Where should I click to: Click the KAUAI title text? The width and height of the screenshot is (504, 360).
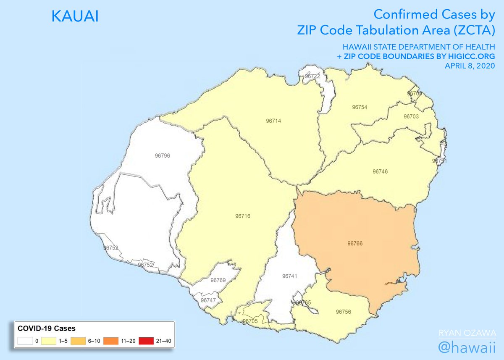75,17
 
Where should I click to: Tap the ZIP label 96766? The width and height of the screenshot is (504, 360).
355,243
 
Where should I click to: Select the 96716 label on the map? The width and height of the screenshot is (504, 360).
243,216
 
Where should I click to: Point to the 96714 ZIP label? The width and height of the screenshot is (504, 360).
273,121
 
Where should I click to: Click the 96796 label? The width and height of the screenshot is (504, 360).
162,156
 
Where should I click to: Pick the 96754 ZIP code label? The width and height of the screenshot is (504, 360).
360,108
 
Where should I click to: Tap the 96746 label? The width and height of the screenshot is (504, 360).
380,171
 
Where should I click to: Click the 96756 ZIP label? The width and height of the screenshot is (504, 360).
344,312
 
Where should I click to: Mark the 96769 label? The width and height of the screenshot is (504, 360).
218,280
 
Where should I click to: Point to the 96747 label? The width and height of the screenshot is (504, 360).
208,300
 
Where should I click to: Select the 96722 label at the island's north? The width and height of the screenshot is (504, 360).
312,76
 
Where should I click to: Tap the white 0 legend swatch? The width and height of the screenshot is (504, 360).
25,341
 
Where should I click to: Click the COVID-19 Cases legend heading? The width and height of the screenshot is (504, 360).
45,328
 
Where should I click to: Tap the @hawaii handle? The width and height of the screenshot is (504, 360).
467,347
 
